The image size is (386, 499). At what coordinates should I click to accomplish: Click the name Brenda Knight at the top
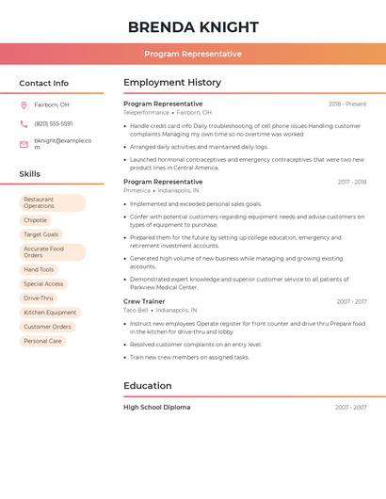(193, 26)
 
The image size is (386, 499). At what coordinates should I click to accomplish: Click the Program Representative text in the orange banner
(193, 54)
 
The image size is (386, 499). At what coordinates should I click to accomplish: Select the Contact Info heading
(43, 83)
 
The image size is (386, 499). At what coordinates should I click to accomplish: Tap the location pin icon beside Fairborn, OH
(24, 105)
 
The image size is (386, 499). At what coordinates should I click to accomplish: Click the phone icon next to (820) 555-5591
(24, 123)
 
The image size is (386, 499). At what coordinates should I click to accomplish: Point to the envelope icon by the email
(24, 144)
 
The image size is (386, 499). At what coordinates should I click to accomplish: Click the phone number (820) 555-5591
(54, 123)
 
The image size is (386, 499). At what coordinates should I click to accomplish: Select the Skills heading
(30, 174)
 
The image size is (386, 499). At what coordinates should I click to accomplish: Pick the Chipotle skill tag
(35, 220)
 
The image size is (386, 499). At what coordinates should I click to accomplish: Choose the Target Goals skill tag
(40, 234)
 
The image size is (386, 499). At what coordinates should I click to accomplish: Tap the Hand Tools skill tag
(39, 269)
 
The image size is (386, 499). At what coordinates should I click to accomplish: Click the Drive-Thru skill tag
(39, 298)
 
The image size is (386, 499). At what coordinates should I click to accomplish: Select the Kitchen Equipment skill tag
(50, 312)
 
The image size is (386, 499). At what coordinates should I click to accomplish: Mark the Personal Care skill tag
(42, 341)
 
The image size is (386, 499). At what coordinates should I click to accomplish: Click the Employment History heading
(172, 83)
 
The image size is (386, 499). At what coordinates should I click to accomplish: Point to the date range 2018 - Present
(347, 104)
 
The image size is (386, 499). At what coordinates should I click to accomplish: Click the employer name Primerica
(137, 190)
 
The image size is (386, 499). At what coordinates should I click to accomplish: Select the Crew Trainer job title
(145, 301)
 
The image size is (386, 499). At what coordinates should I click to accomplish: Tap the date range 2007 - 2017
(351, 301)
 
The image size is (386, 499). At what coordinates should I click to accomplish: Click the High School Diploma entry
(156, 407)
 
